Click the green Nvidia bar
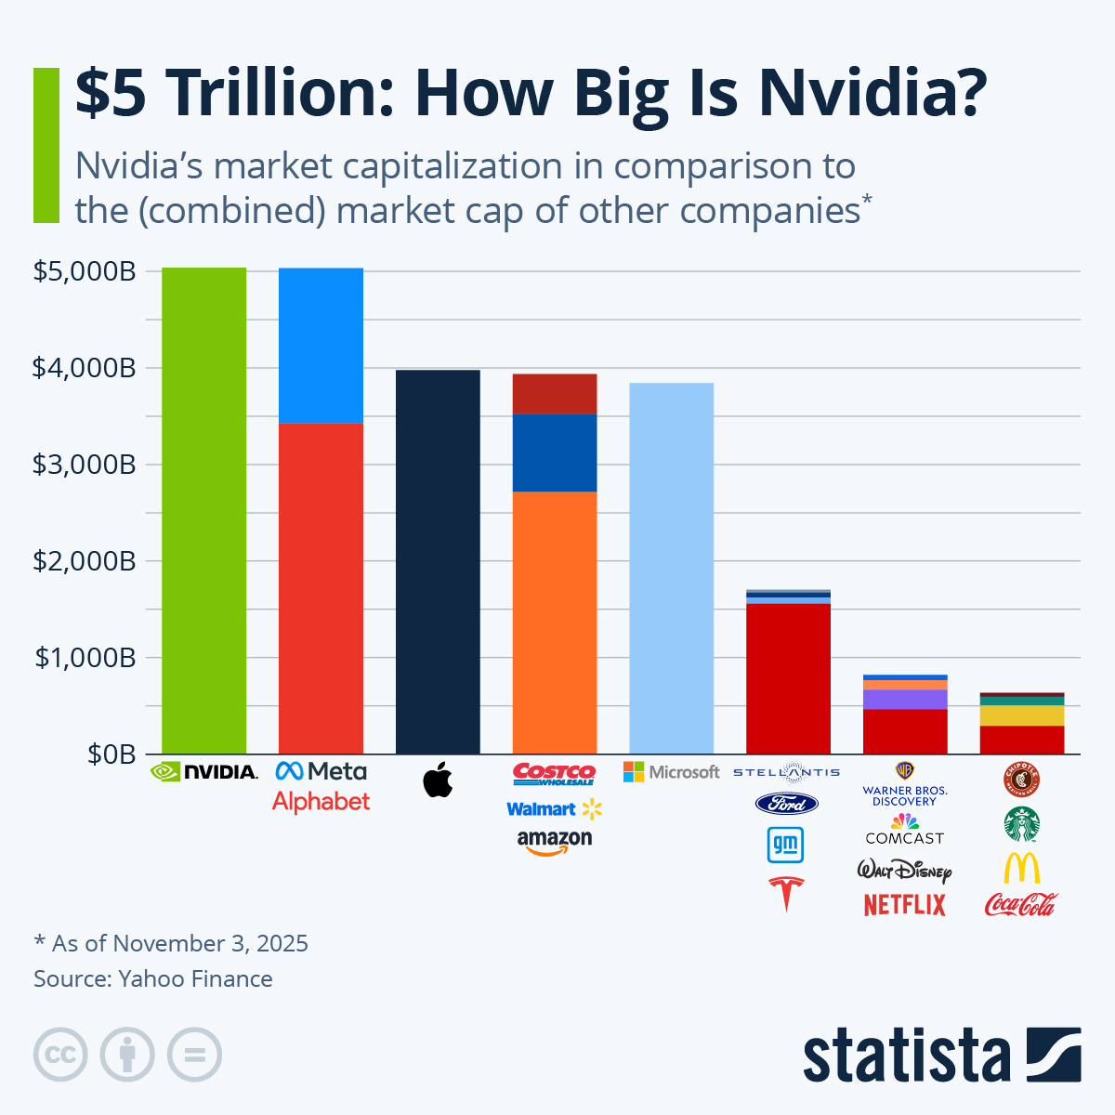click(x=203, y=511)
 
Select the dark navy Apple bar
click(x=438, y=562)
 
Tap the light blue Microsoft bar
click(x=671, y=568)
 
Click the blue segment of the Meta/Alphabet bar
click(x=321, y=345)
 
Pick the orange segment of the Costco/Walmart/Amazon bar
click(x=555, y=623)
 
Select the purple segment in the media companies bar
click(x=905, y=699)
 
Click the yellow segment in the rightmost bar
click(x=1022, y=715)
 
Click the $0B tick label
click(x=111, y=754)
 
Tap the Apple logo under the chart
click(x=438, y=780)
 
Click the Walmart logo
click(x=555, y=809)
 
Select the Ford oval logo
click(x=786, y=804)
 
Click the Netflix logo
click(x=904, y=904)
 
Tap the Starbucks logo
click(x=1021, y=823)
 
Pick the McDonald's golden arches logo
click(x=1021, y=868)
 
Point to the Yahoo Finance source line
click(x=153, y=978)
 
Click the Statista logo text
click(x=906, y=1056)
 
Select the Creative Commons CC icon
click(x=60, y=1056)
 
